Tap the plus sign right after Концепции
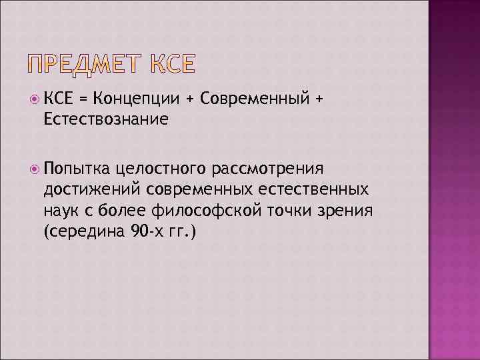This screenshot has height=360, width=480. pos(189,100)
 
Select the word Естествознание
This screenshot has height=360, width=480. pos(105,119)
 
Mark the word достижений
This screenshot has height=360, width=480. pos(93,189)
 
